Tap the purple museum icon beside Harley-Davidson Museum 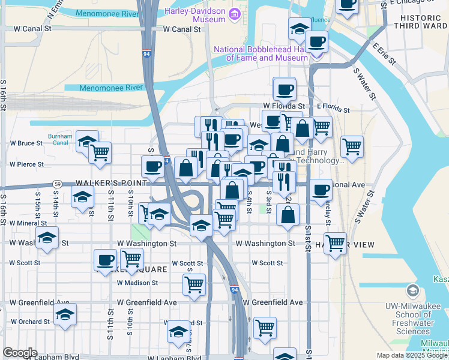[236, 14]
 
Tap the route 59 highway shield [58, 184]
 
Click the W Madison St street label [137, 283]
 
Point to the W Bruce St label [26, 143]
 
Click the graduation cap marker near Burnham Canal [87, 141]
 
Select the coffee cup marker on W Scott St [106, 260]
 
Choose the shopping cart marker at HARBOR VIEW [335, 242]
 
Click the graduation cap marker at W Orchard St [65, 314]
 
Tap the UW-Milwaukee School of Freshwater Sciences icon [412, 292]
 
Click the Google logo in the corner [20, 353]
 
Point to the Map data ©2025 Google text [411, 355]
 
